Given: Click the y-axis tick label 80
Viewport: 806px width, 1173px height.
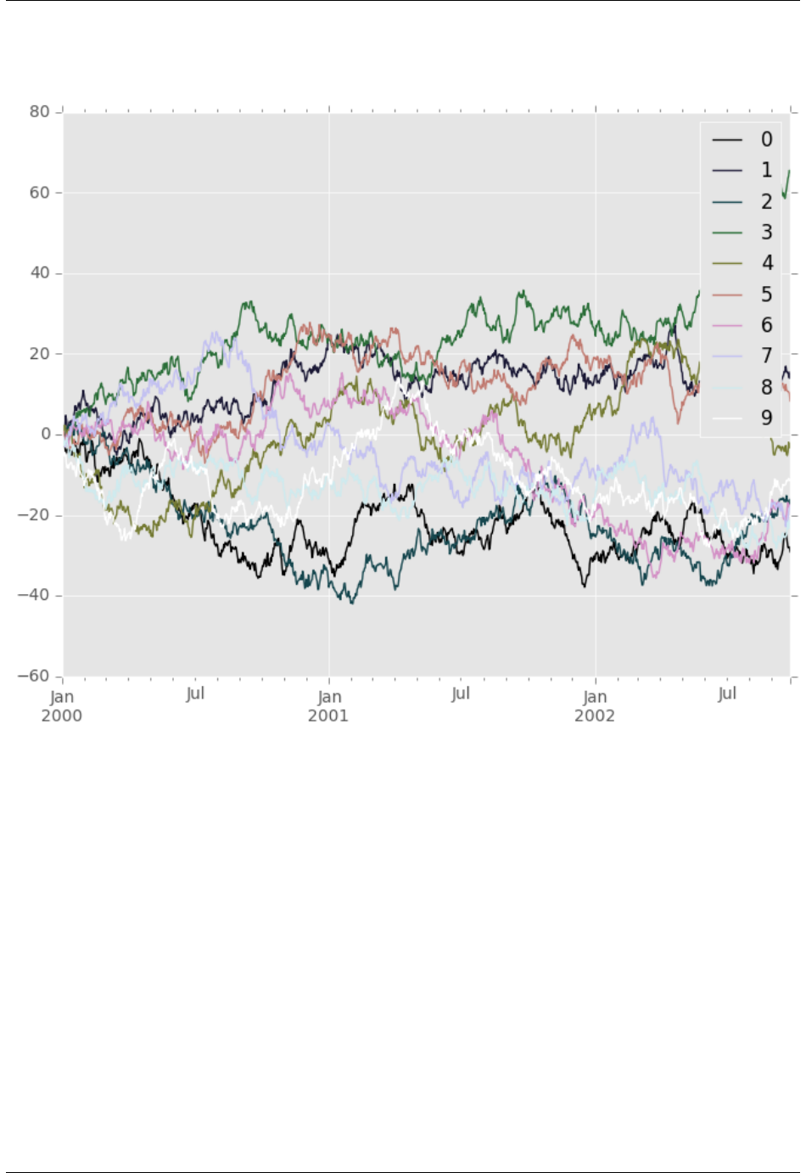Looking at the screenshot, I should coord(39,112).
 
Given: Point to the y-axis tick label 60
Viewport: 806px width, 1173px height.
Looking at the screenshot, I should coord(39,193).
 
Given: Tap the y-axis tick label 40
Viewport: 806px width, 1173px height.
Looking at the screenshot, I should coord(39,273).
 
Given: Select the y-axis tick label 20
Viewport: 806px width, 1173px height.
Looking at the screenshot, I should coord(39,354).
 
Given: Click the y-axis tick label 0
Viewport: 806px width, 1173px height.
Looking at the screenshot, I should coord(46,435).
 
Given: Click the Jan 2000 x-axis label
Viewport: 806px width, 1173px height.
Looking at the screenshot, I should coord(62,706).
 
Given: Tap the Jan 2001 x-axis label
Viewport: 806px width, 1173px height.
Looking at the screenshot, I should coord(328,706).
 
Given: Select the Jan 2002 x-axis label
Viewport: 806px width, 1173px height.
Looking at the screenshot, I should coord(595,706).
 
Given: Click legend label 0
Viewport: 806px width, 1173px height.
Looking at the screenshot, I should coord(766,139).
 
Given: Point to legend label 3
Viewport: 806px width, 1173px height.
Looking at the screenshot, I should coord(766,232).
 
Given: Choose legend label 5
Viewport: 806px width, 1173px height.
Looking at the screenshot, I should coord(766,295).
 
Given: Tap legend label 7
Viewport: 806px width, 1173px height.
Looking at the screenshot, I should coord(766,356).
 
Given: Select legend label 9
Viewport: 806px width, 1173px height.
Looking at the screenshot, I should coord(766,418).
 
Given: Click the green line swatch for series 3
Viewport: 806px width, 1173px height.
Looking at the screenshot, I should coord(727,233).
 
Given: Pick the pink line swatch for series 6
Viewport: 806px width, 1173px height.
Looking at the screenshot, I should coord(727,326).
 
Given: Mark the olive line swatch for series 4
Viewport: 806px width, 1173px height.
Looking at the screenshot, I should coord(727,264).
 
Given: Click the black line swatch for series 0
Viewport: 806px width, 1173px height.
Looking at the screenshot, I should coord(727,140).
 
